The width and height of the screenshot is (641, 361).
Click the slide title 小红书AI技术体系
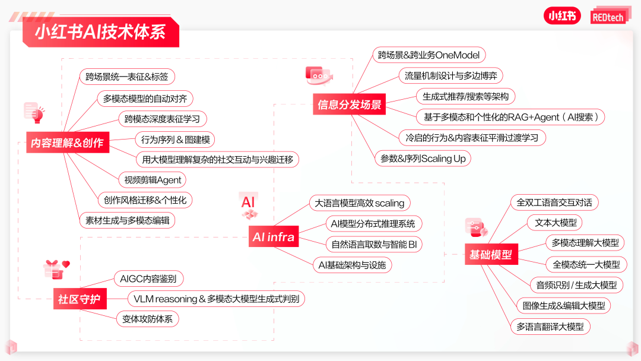click(100, 31)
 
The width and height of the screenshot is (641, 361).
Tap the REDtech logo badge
click(608, 16)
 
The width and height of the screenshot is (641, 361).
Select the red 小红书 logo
click(561, 16)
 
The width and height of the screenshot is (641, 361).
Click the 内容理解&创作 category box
click(67, 142)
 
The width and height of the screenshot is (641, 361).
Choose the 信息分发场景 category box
click(350, 105)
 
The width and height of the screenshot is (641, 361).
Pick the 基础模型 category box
click(490, 255)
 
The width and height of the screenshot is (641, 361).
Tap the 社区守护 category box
click(79, 299)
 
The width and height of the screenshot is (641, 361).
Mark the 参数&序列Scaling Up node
click(423, 159)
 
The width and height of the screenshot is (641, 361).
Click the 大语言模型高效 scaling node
click(360, 203)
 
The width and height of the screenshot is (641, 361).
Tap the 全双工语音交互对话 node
click(554, 202)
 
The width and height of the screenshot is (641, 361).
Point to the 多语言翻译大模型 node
click(550, 326)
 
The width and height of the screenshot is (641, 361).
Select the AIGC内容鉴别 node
click(148, 278)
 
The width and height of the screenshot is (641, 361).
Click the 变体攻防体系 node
click(147, 319)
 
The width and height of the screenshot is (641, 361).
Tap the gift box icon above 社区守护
click(55, 269)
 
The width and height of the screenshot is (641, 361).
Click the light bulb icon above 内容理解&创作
click(35, 112)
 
